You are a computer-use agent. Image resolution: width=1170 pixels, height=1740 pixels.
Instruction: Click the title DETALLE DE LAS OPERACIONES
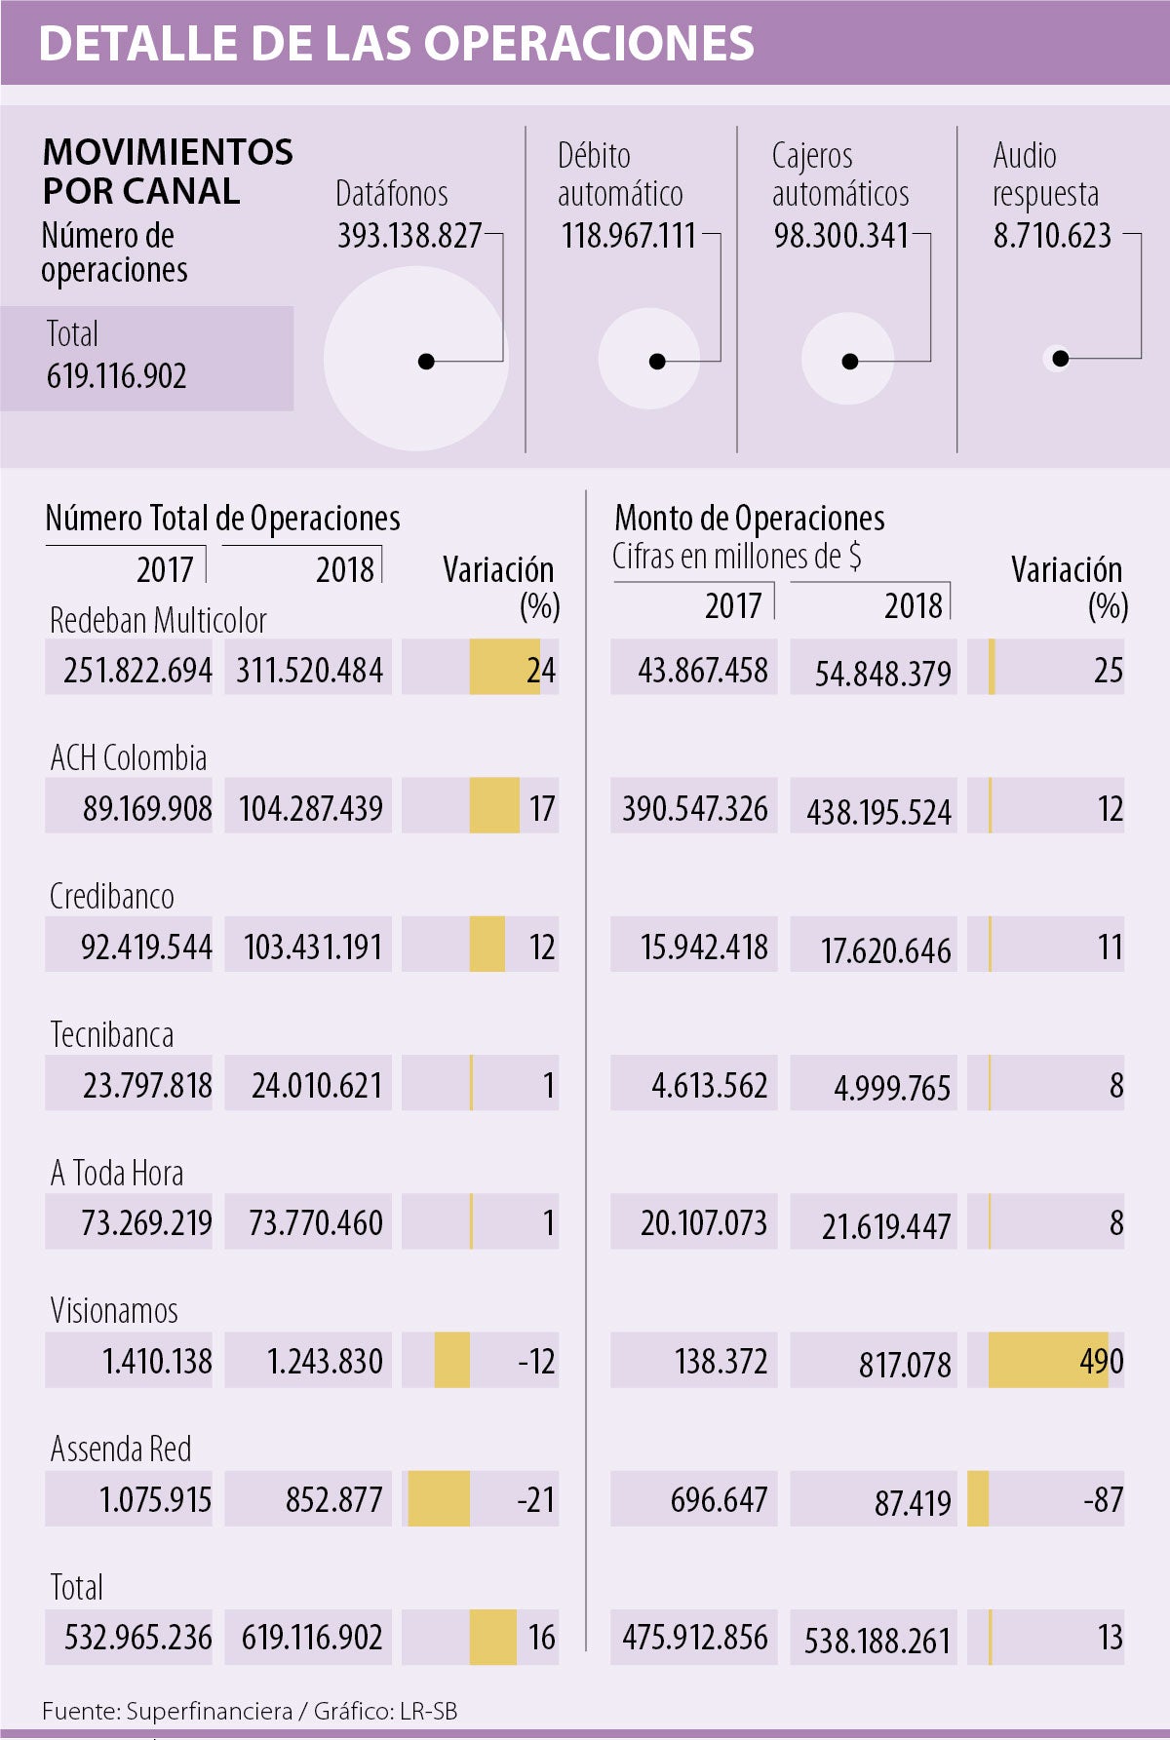(x=396, y=43)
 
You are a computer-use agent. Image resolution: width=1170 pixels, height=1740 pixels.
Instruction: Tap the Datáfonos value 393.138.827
(x=409, y=236)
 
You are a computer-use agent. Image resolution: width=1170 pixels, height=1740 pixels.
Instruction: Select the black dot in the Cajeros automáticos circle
(x=849, y=362)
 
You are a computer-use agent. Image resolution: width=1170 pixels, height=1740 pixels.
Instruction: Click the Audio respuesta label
(x=1045, y=174)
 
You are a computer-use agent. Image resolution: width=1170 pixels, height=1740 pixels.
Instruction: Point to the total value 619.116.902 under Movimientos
(x=117, y=376)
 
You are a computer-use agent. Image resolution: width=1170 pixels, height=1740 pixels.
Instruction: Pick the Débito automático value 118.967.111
(x=628, y=236)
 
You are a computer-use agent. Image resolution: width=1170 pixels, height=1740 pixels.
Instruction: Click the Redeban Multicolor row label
(x=158, y=620)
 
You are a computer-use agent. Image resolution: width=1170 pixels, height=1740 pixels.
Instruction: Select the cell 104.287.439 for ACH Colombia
(x=310, y=808)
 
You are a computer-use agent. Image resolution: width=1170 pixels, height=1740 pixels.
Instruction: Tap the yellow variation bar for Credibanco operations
(x=487, y=945)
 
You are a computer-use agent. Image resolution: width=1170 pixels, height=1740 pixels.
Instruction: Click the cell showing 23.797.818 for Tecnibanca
(x=146, y=1085)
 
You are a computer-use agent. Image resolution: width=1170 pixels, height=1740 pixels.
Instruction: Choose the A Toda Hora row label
(x=117, y=1173)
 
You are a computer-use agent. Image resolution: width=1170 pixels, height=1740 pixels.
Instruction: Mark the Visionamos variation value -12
(x=536, y=1361)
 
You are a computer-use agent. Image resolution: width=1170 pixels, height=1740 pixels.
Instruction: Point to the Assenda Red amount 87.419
(x=912, y=1502)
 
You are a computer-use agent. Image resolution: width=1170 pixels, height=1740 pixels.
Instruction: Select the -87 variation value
(x=1103, y=1499)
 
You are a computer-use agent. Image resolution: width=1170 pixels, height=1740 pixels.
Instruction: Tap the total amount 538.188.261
(x=877, y=1641)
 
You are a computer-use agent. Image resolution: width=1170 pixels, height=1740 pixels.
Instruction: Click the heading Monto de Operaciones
(x=749, y=518)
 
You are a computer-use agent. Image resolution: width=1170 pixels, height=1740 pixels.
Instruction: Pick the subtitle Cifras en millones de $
(x=736, y=557)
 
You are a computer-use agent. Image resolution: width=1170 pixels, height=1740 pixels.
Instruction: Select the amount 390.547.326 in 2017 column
(x=694, y=808)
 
